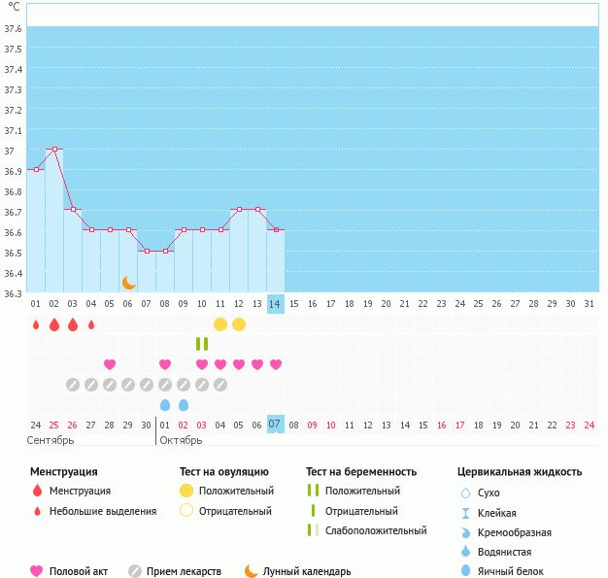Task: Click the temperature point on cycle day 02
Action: point(54,150)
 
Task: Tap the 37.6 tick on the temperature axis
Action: point(13,28)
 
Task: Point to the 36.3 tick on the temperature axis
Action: point(13,292)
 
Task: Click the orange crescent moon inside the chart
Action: point(128,283)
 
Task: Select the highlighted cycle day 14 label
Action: point(276,304)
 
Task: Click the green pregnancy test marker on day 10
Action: point(202,344)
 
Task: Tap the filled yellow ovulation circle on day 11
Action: point(220,324)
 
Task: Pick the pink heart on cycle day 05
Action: point(110,364)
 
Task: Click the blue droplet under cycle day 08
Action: point(165,404)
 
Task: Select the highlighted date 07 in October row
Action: point(276,425)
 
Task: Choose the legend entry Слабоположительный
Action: point(375,530)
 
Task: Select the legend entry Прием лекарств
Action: point(184,572)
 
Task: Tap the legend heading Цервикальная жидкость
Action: point(520,472)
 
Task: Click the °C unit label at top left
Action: point(14,8)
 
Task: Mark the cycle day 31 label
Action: point(590,304)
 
